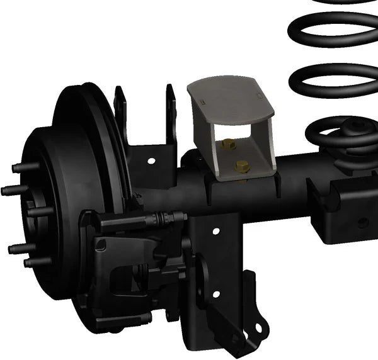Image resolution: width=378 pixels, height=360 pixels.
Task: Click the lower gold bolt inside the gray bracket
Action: coord(241,166)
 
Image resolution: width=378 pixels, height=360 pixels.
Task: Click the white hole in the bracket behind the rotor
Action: coord(151,161)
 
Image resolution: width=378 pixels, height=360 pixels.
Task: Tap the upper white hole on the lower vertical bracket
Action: coord(215,231)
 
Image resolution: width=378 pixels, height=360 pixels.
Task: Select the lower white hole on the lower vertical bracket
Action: coord(216,294)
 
